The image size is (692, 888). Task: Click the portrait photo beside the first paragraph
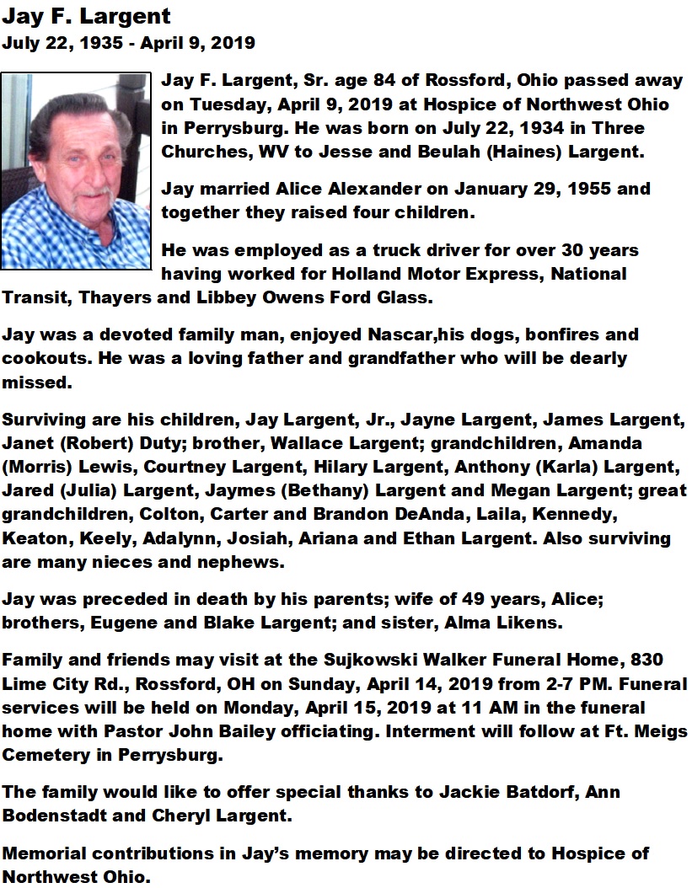(77, 172)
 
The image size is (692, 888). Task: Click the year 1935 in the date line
(102, 42)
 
